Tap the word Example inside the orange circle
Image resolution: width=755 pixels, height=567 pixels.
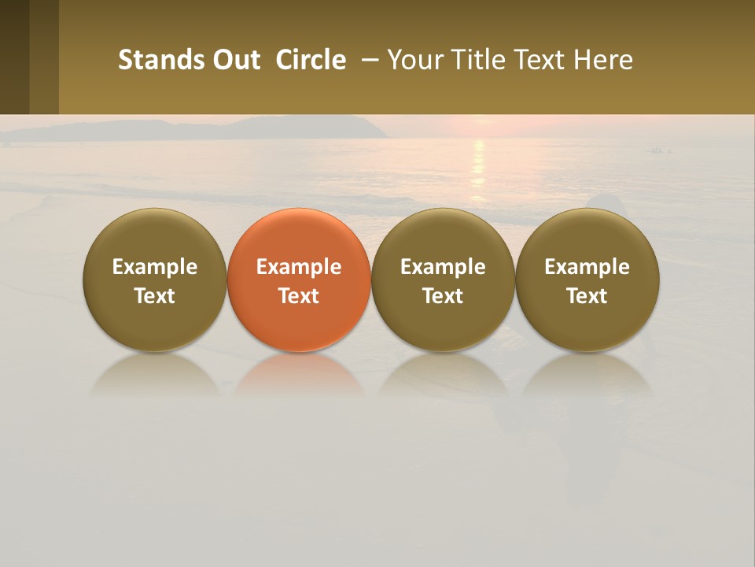[x=299, y=267]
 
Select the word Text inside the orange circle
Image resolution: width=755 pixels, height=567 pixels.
[x=299, y=296]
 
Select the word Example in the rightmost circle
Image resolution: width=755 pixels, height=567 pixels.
[x=587, y=267]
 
